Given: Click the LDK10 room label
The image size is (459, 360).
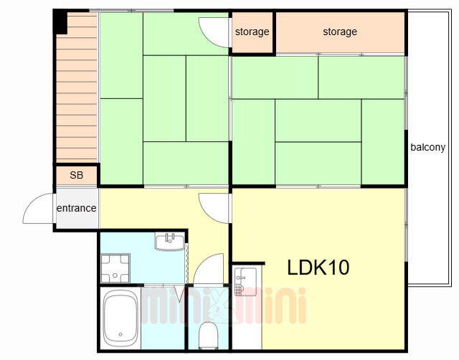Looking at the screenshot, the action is tap(318, 267).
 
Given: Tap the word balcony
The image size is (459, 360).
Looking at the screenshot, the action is tap(427, 147).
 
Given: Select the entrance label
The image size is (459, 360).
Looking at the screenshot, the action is tap(77, 208).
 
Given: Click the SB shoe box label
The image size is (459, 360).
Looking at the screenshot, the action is tap(77, 175).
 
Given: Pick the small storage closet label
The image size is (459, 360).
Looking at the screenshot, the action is tap(252, 32).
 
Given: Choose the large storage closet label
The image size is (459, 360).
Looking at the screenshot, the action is tap(340, 32).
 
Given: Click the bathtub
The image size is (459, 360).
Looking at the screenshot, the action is tap(120, 318).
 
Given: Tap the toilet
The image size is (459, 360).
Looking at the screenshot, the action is tap(209, 335).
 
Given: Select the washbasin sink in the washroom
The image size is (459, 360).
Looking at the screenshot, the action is tap(170, 242).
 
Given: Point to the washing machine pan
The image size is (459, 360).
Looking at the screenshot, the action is tap(115, 268).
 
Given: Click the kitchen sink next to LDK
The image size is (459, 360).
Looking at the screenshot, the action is tap(245, 281).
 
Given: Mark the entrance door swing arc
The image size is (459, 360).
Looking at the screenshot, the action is tap(32, 202).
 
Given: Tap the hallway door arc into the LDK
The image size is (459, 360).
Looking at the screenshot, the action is tap(209, 215).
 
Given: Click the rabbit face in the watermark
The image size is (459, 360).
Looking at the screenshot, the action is tap(218, 305).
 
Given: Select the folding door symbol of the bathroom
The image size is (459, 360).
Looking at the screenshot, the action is tap(179, 293).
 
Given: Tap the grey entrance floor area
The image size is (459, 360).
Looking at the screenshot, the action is tap(77, 208).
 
